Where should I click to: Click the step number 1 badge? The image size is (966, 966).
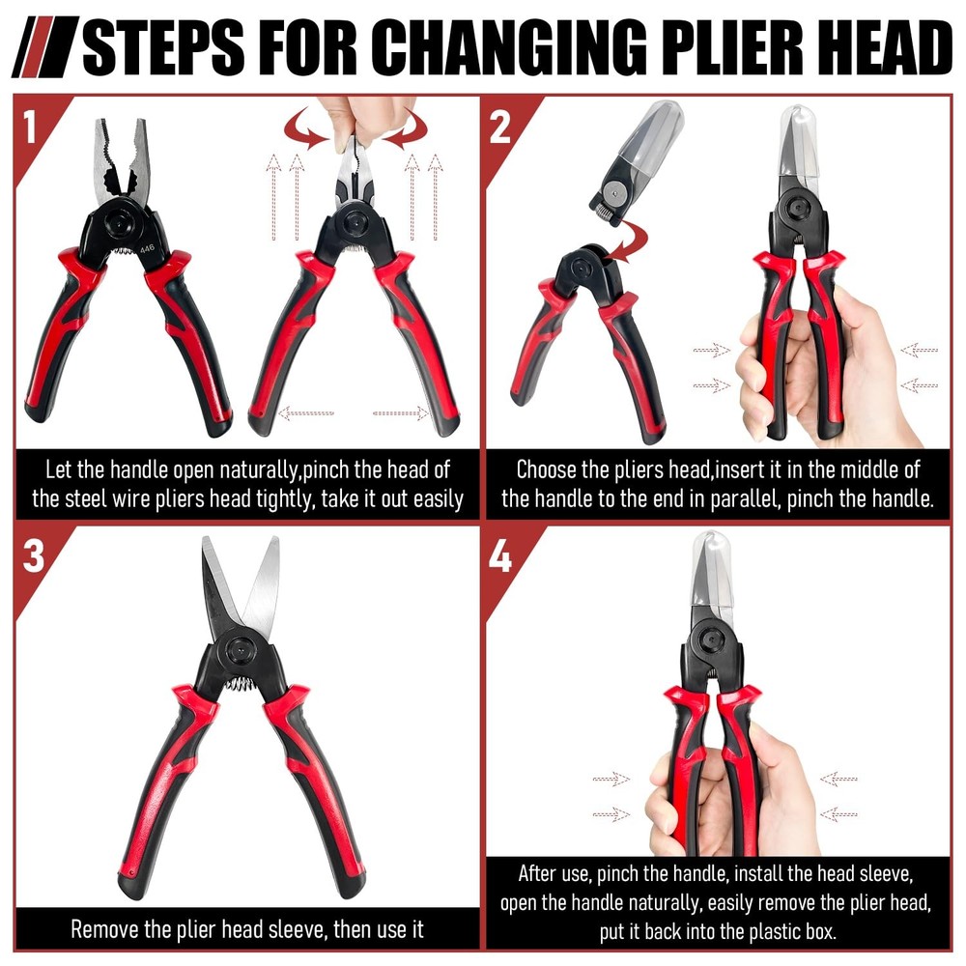[x=30, y=127]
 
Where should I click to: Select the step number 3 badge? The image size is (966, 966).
[x=33, y=555]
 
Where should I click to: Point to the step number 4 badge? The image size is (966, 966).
[x=500, y=557]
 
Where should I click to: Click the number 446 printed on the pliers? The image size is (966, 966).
[x=147, y=249]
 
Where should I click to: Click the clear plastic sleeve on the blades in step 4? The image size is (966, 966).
[x=712, y=570]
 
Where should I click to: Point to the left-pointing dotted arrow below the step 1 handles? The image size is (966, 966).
[x=305, y=412]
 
